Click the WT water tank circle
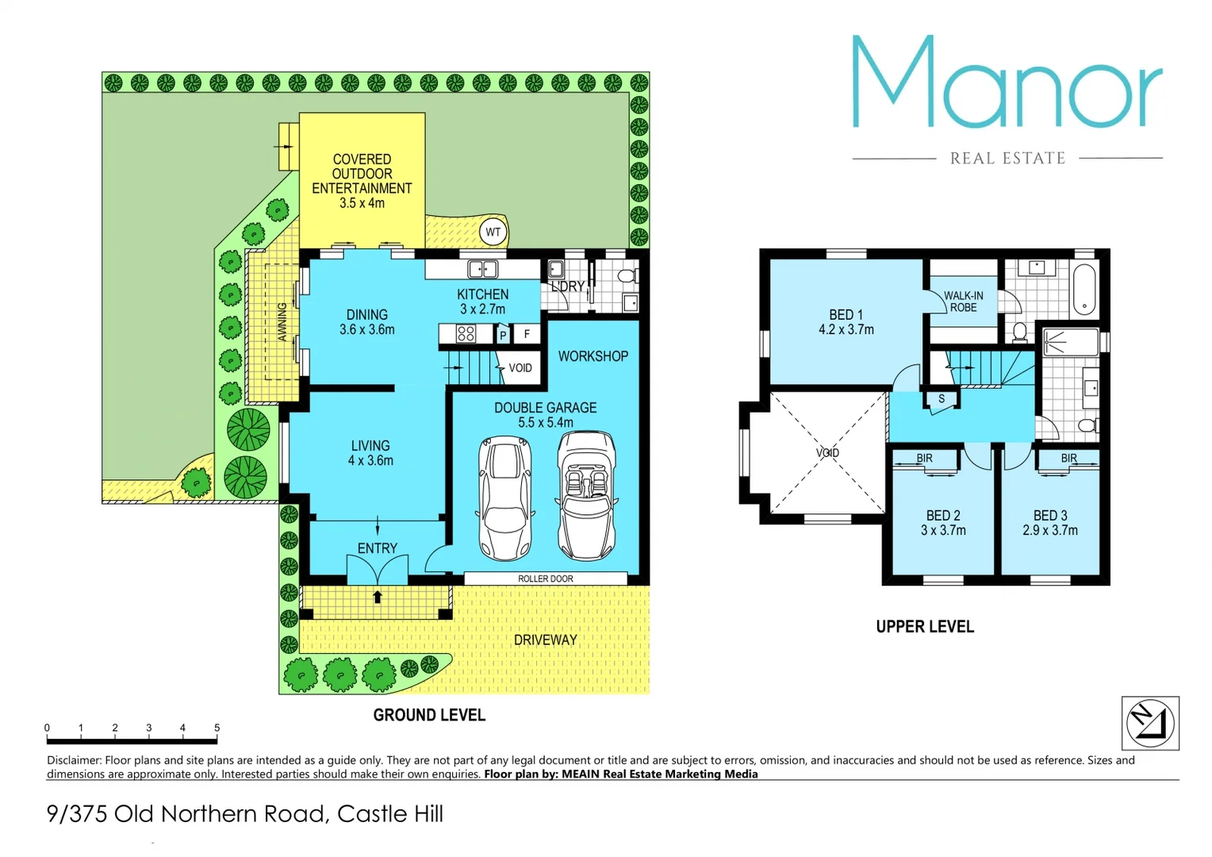pyautogui.click(x=493, y=233)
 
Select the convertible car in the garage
pyautogui.click(x=587, y=495)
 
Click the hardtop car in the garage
pyautogui.click(x=504, y=498)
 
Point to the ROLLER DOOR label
pyautogui.click(x=545, y=579)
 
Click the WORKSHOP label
pyautogui.click(x=593, y=356)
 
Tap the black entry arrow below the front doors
pyautogui.click(x=378, y=597)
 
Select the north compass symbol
pyautogui.click(x=1150, y=723)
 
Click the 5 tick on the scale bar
pyautogui.click(x=217, y=728)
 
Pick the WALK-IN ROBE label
pyautogui.click(x=963, y=302)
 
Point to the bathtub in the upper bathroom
pyautogui.click(x=1084, y=290)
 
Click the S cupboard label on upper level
pyautogui.click(x=942, y=399)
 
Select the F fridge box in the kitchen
pyautogui.click(x=527, y=334)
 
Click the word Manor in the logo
pyautogui.click(x=1007, y=82)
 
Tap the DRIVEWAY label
pyautogui.click(x=545, y=640)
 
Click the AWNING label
pyautogui.click(x=282, y=321)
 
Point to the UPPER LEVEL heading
pyautogui.click(x=925, y=627)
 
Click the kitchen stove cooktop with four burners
pyautogui.click(x=466, y=334)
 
